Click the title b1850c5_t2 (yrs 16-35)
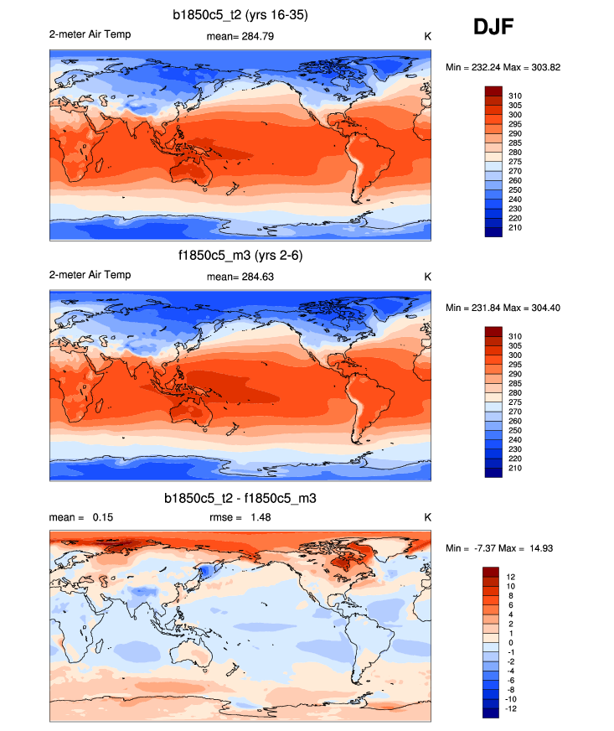tap(240, 14)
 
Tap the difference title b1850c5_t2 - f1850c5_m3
tap(240, 498)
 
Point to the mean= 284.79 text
tap(240, 36)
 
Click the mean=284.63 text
tap(240, 277)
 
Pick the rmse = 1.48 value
tap(240, 517)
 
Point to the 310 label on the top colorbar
tap(515, 96)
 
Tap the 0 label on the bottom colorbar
tap(510, 642)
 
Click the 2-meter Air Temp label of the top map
tap(90, 34)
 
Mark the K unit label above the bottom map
tap(427, 517)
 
